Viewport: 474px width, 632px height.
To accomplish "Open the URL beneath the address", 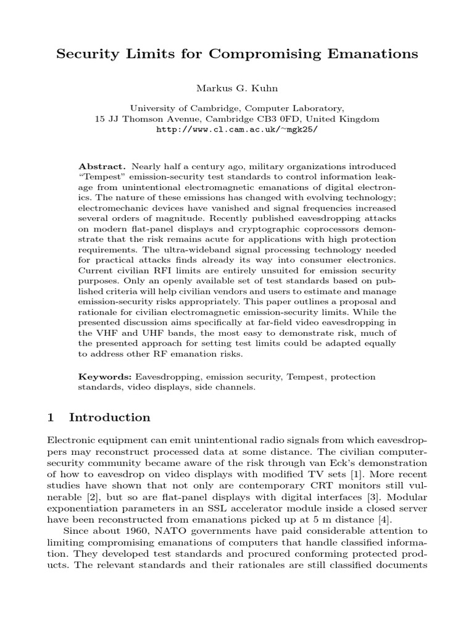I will (237, 130).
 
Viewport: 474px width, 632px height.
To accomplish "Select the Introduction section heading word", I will (110, 417).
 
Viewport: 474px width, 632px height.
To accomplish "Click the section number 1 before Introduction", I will (51, 417).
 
